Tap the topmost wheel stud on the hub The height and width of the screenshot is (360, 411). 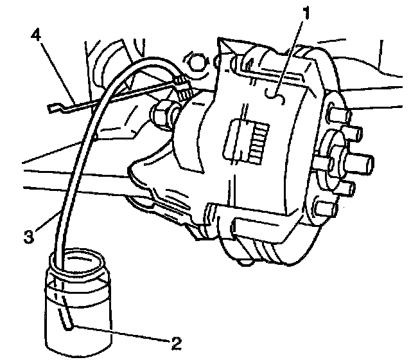click(x=337, y=116)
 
